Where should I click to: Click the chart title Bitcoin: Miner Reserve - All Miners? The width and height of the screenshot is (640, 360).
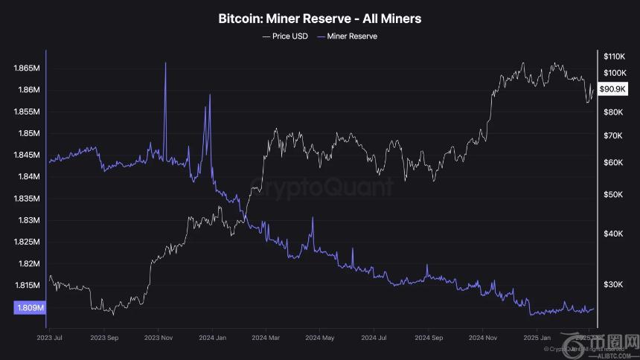click(x=320, y=18)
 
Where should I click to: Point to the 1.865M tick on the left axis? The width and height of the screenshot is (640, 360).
click(x=26, y=68)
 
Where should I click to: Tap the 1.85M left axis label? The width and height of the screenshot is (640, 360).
click(x=26, y=134)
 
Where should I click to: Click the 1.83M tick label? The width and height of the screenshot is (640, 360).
click(x=26, y=221)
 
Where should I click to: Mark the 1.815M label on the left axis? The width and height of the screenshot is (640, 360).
click(x=26, y=286)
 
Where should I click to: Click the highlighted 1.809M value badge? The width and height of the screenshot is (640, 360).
click(x=29, y=307)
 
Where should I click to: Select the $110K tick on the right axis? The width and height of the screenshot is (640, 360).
click(x=614, y=57)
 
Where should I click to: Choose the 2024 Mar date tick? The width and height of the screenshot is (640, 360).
click(x=265, y=337)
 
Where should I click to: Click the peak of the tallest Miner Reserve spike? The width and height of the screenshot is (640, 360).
click(x=164, y=63)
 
